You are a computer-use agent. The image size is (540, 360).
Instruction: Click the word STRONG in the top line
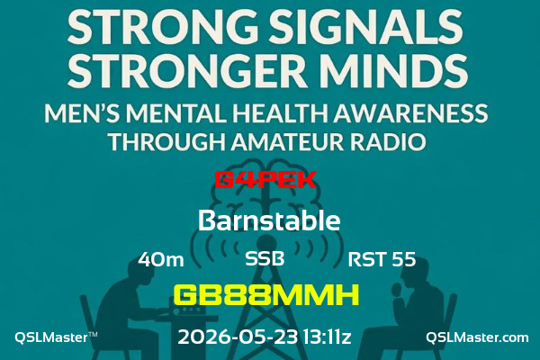pos(162,26)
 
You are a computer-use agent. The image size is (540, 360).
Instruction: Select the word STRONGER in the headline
pos(187,69)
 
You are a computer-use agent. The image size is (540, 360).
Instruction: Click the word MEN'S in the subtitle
pos(83,113)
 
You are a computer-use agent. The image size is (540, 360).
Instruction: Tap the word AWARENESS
pos(410,113)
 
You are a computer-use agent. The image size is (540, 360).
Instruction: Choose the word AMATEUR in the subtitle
pos(287,141)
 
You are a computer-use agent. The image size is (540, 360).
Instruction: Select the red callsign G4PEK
pos(265,179)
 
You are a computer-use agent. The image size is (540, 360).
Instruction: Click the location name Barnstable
pos(269,220)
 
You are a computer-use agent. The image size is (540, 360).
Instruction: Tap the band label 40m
pos(161,259)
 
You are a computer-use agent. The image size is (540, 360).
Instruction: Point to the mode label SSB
pos(265,258)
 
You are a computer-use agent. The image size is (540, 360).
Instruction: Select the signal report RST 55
pos(382,259)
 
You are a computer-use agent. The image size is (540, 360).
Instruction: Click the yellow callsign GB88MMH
pos(266,295)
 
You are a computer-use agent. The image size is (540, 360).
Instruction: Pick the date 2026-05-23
pos(238,337)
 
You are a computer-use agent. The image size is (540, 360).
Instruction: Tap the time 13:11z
pos(328,337)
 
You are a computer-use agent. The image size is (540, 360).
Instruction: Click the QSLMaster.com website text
pos(477,337)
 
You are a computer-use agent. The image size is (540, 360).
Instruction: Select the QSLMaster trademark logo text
pos(56,337)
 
